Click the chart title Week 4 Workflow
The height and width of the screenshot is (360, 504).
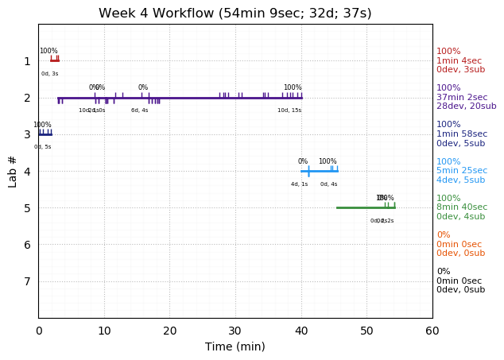click(x=235, y=14)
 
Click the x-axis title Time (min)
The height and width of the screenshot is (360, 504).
click(x=235, y=346)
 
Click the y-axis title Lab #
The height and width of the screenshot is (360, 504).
click(x=13, y=171)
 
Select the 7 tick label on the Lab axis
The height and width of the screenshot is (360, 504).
click(x=27, y=281)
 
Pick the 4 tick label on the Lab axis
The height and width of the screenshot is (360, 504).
click(x=27, y=171)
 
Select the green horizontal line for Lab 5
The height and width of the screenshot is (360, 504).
click(x=365, y=207)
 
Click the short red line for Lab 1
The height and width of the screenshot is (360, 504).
click(x=54, y=60)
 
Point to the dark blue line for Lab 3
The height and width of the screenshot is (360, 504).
click(x=45, y=134)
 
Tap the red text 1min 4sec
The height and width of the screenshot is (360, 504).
click(x=459, y=60)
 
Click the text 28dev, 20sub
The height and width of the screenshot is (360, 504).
click(x=466, y=106)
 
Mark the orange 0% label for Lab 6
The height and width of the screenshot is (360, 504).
click(x=443, y=235)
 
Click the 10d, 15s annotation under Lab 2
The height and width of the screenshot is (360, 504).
click(x=289, y=110)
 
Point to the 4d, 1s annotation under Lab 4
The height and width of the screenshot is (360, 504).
click(x=299, y=184)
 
